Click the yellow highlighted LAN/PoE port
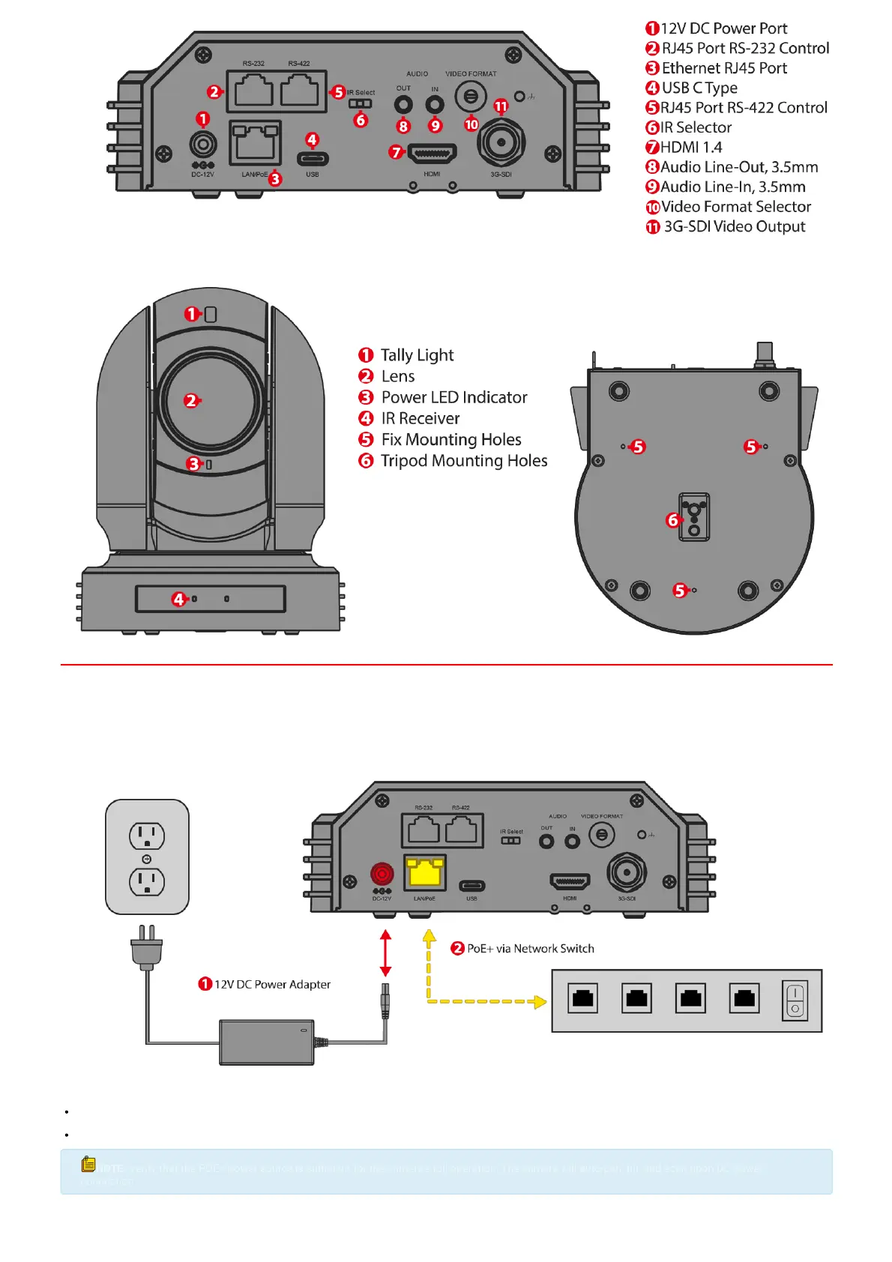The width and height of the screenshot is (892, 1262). pyautogui.click(x=425, y=873)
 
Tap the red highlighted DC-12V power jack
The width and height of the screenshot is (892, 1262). pyautogui.click(x=382, y=874)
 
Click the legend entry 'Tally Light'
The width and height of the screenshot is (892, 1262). pyautogui.click(x=417, y=355)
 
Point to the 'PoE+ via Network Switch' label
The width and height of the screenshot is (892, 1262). pyautogui.click(x=530, y=949)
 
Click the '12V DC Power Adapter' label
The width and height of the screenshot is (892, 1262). pyautogui.click(x=272, y=985)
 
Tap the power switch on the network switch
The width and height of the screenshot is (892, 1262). pyautogui.click(x=795, y=1001)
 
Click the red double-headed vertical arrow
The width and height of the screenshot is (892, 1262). pyautogui.click(x=385, y=953)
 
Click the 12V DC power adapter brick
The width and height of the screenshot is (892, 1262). pyautogui.click(x=266, y=1042)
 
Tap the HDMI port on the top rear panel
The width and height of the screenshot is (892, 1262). pyautogui.click(x=432, y=154)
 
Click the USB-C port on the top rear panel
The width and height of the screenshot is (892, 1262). pyautogui.click(x=313, y=159)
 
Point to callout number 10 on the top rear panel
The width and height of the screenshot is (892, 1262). pyautogui.click(x=471, y=124)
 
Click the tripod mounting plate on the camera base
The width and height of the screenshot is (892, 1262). pyautogui.click(x=694, y=517)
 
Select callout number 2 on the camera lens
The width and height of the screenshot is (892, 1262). pyautogui.click(x=191, y=401)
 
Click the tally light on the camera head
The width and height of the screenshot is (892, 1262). pyautogui.click(x=211, y=315)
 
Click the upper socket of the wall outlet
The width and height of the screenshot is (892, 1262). pyautogui.click(x=147, y=836)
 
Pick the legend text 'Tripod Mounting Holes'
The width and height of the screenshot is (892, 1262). pyautogui.click(x=463, y=461)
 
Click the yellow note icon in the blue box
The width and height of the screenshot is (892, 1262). pyautogui.click(x=88, y=1164)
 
